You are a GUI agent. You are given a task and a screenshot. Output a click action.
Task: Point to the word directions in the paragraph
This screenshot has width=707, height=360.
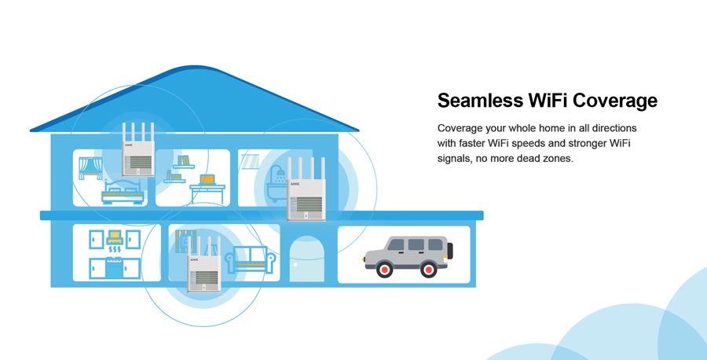[614, 128]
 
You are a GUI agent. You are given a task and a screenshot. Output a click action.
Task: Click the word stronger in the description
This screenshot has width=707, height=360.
[587, 144]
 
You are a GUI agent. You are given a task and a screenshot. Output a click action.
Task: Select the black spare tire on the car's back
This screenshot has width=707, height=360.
[450, 251]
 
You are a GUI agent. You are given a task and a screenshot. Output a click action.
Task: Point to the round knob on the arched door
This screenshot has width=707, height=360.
[295, 264]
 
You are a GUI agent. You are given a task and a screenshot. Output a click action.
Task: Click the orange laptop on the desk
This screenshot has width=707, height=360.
[207, 179]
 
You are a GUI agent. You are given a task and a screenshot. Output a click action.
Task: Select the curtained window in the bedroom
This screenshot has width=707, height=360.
[90, 168]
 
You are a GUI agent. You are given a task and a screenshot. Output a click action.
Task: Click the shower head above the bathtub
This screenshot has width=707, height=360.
[277, 170]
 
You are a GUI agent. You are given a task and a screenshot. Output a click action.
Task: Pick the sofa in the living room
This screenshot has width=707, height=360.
[251, 259]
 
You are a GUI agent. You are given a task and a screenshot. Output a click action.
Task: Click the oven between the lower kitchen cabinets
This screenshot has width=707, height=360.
[114, 268]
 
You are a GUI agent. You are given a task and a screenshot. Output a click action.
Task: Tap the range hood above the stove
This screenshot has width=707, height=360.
[115, 237]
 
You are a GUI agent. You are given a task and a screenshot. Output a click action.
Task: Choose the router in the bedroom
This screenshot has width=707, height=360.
[138, 149]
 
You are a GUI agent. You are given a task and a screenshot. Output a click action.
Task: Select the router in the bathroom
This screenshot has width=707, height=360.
[306, 189]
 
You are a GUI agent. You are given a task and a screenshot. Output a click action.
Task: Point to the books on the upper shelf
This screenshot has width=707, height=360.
[184, 160]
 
